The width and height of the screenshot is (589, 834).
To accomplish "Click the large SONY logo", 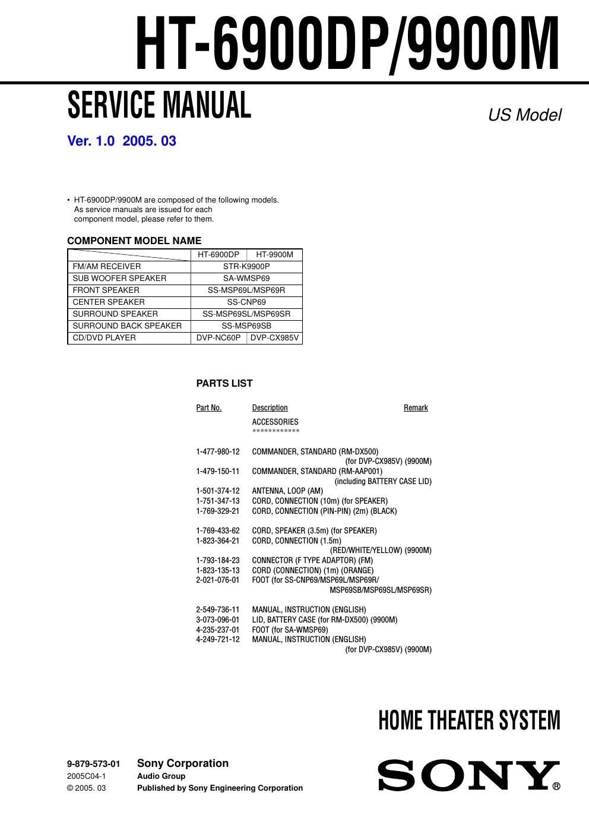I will click(x=469, y=776).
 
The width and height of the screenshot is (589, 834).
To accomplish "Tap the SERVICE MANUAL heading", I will click(x=159, y=105).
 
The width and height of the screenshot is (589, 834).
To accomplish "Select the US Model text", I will click(x=524, y=115).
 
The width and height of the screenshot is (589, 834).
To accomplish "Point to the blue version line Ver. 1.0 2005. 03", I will click(x=122, y=141).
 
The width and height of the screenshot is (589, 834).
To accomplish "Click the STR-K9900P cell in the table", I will click(x=246, y=267).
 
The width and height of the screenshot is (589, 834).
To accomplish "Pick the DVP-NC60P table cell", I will click(x=218, y=338).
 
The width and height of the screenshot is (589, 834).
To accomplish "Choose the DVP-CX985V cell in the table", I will click(x=274, y=338).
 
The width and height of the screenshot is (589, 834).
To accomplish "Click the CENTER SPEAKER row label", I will click(x=108, y=302).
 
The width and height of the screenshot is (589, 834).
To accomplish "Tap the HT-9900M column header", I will click(x=274, y=255).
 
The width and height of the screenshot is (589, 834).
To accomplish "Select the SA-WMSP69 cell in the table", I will click(x=246, y=279).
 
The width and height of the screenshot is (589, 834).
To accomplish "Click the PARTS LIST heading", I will click(x=224, y=384).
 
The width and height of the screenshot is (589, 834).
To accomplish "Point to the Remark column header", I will click(x=416, y=408).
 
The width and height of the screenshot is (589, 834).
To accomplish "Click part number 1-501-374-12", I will click(x=218, y=491).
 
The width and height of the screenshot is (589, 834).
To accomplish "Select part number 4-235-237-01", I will click(x=218, y=630).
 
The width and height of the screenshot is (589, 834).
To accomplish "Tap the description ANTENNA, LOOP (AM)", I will click(x=287, y=491).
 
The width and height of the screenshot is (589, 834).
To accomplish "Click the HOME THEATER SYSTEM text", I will click(x=469, y=721).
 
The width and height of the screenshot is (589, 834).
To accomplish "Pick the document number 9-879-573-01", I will click(x=93, y=764).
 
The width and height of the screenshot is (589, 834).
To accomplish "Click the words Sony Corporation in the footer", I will click(x=183, y=764).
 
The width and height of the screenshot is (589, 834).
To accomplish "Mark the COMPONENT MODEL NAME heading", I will click(x=134, y=241).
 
